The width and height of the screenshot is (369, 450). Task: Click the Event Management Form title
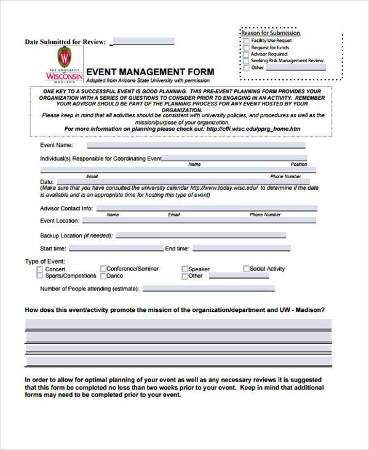click(x=150, y=72)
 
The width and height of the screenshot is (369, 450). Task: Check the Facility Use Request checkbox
click(x=247, y=41)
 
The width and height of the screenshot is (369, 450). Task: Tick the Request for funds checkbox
click(x=247, y=47)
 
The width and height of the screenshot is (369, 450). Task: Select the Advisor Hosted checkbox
click(x=247, y=54)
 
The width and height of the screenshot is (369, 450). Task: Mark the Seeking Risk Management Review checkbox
click(x=247, y=61)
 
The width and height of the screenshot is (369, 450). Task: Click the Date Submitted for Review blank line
click(x=143, y=42)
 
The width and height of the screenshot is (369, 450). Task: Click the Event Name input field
click(x=196, y=145)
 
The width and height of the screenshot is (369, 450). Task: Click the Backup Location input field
click(x=200, y=235)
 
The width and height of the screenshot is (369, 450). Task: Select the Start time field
click(x=114, y=248)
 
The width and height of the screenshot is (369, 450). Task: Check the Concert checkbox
click(x=40, y=269)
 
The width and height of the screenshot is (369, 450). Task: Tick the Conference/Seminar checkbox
click(x=103, y=269)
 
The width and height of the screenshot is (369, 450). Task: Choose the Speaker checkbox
click(x=184, y=269)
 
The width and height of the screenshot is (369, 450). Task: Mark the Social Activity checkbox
click(x=246, y=269)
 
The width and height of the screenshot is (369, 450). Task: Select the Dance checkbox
click(x=103, y=276)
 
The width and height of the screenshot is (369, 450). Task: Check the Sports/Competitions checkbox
click(x=40, y=276)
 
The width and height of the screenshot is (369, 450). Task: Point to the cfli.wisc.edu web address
click(x=253, y=129)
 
